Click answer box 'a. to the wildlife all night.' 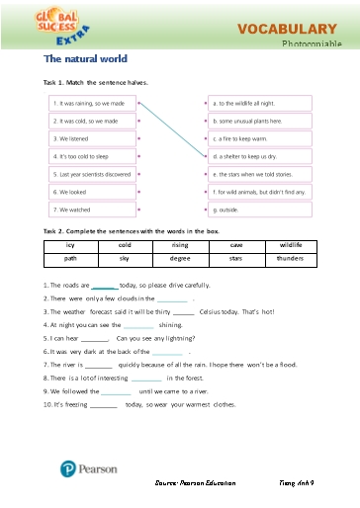tap(260, 103)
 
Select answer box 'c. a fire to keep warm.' tap(260, 138)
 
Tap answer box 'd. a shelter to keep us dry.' tap(260, 156)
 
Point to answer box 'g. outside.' tap(260, 210)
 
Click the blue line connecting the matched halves tap(173, 128)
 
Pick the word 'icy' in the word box tap(70, 243)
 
